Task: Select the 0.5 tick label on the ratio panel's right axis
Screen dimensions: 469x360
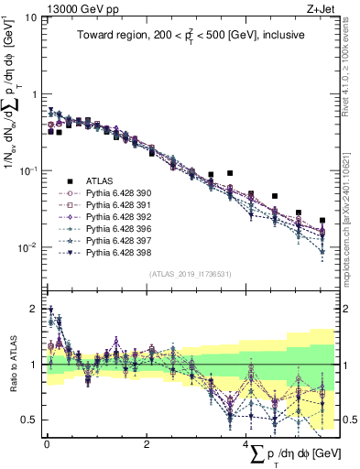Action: point(348,420)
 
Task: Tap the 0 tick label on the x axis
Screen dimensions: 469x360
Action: point(47,442)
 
